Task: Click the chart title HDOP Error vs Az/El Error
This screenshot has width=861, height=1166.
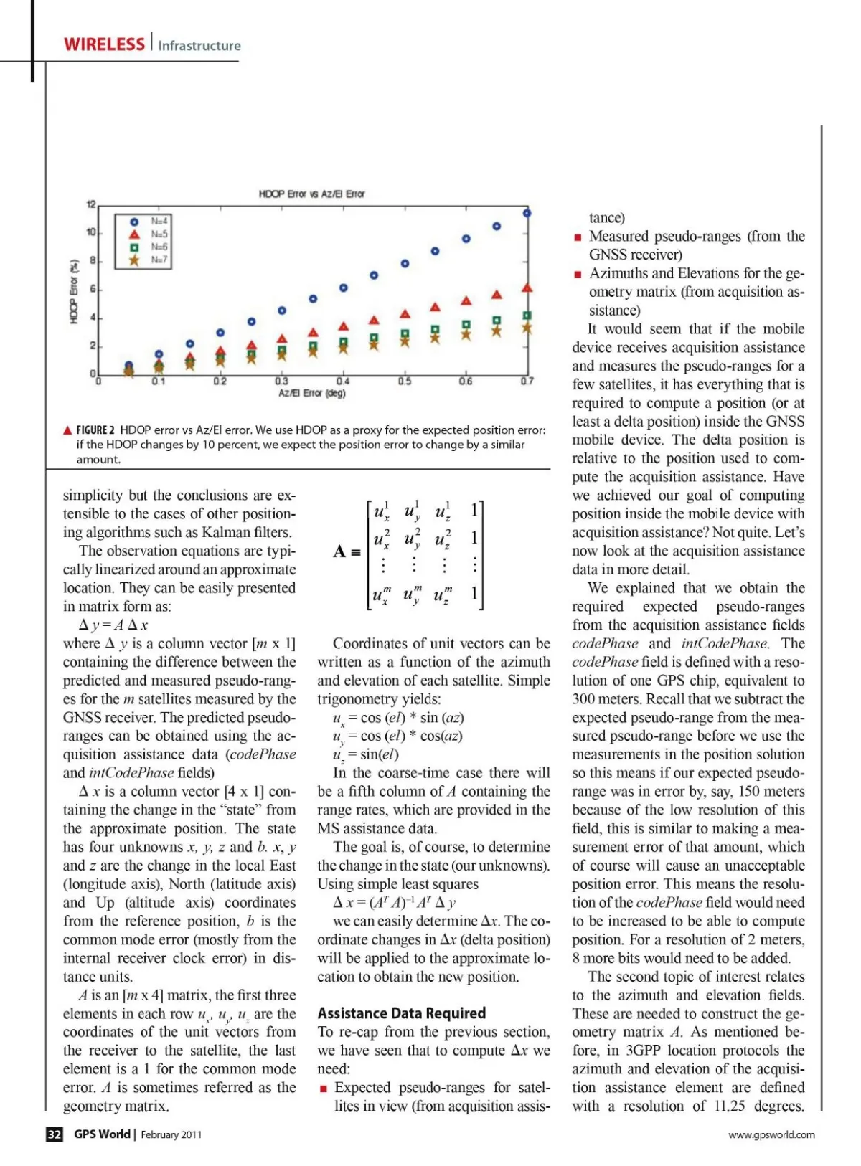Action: [311, 194]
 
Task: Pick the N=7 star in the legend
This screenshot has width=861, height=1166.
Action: [134, 260]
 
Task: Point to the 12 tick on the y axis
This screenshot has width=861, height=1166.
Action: [91, 205]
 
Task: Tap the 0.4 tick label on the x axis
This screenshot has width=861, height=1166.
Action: [343, 381]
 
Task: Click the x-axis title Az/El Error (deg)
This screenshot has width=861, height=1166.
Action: [311, 394]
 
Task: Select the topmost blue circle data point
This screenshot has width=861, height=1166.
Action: [527, 213]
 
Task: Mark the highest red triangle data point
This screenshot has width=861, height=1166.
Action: [527, 288]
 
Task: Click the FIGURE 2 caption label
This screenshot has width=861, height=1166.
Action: [95, 430]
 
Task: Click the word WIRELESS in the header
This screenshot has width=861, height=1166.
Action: [104, 44]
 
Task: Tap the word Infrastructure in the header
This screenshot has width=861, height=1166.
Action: [199, 46]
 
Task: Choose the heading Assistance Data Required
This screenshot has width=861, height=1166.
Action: [401, 1013]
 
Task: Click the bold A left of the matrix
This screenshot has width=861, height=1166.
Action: [339, 551]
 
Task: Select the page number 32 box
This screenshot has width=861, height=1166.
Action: [55, 1134]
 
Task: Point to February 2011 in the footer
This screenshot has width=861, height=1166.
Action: [171, 1134]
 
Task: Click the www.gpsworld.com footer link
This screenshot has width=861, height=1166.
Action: [771, 1134]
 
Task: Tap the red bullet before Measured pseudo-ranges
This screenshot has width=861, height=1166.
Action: [578, 237]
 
